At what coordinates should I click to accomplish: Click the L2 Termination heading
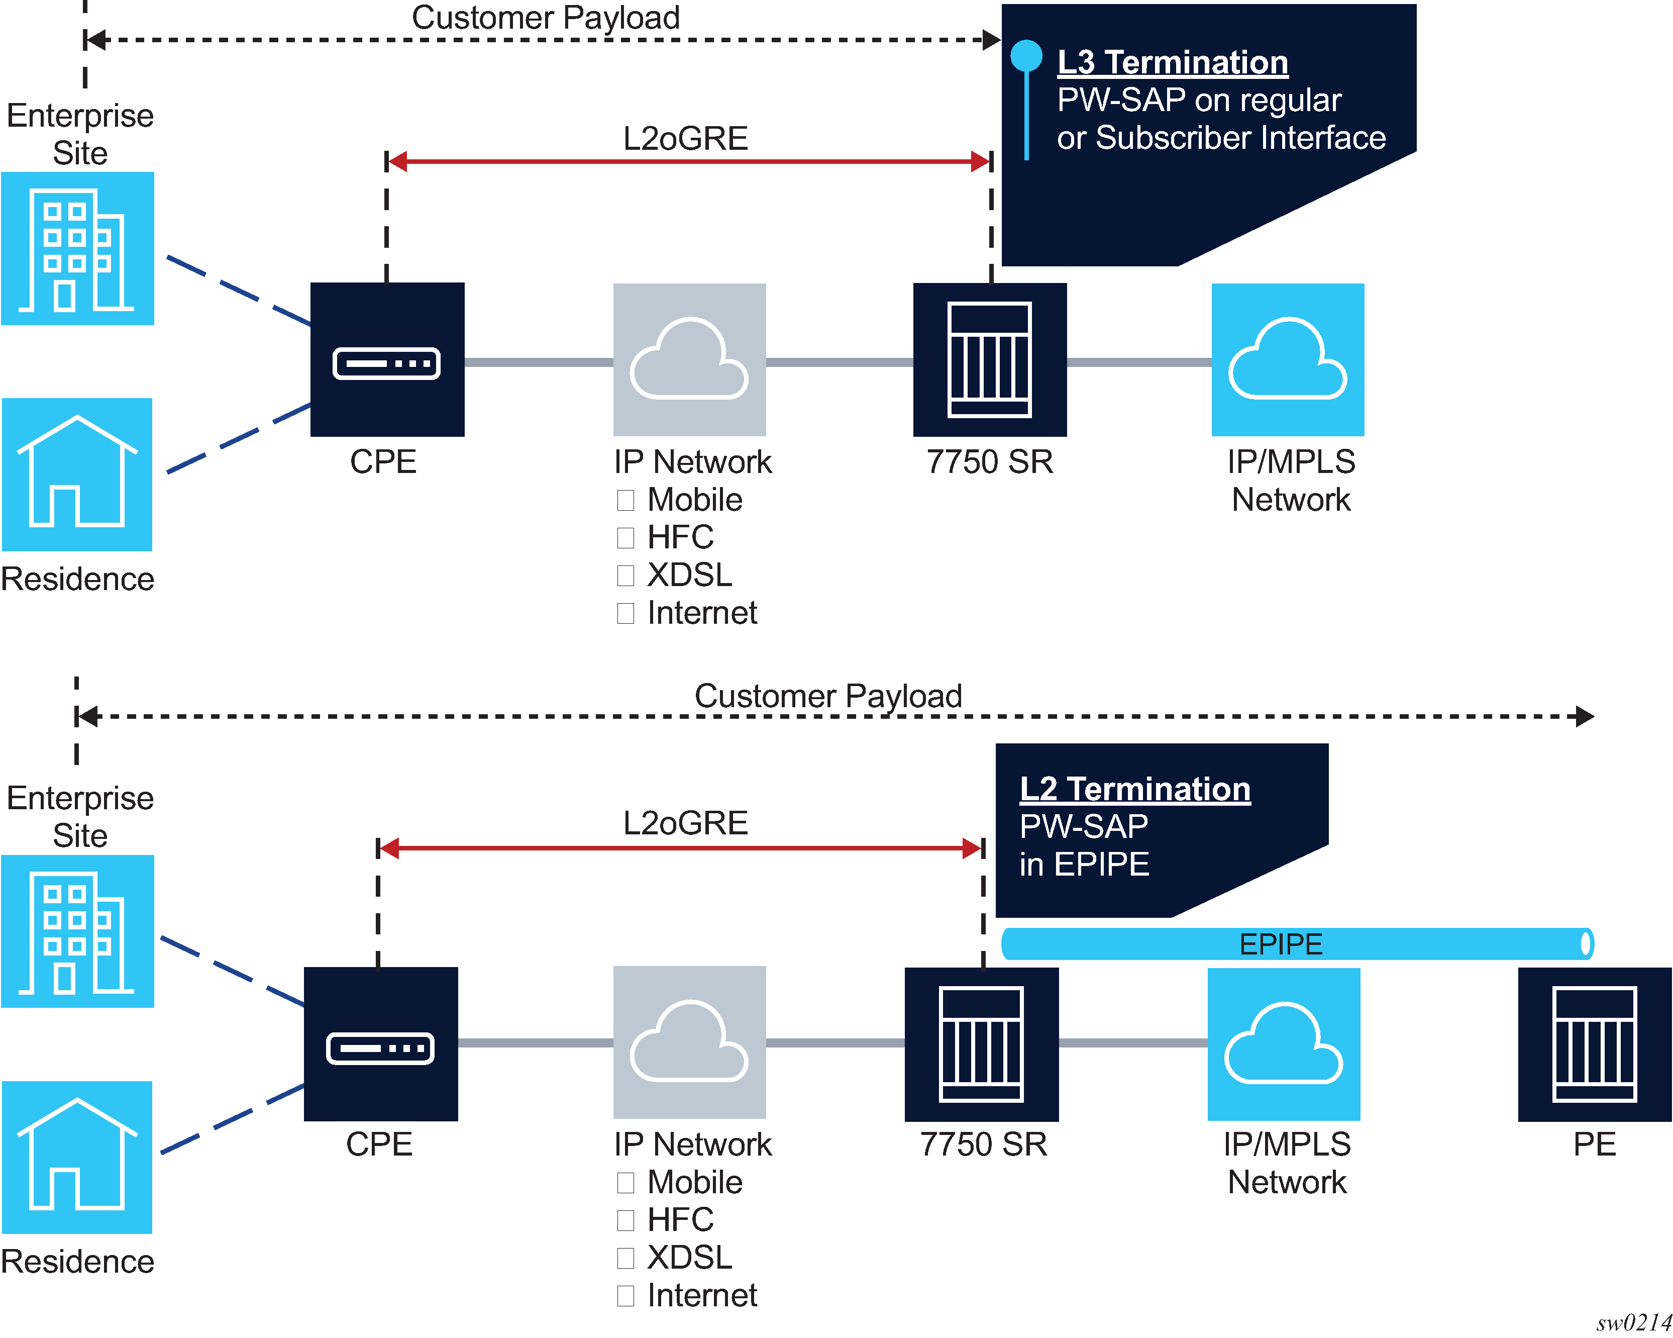click(x=1134, y=789)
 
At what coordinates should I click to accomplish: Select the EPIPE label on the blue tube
click(x=1280, y=944)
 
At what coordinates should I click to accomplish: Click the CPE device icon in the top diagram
click(x=387, y=360)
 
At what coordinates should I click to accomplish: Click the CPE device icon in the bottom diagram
click(x=380, y=1044)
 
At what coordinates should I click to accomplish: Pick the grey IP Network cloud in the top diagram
click(x=689, y=359)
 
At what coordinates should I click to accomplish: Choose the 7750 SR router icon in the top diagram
click(x=989, y=359)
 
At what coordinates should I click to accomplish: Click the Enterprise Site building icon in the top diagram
click(x=77, y=248)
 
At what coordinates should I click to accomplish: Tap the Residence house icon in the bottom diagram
click(x=77, y=1157)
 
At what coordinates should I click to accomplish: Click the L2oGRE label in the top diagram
click(x=685, y=138)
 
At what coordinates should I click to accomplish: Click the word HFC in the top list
click(x=680, y=537)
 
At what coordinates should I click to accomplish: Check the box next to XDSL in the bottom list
click(x=625, y=1257)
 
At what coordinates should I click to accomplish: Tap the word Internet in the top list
click(x=701, y=613)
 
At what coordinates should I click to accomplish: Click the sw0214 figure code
click(x=1633, y=1322)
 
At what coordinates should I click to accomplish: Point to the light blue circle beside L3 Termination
click(x=1026, y=56)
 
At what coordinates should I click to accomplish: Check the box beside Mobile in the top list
click(x=625, y=500)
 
